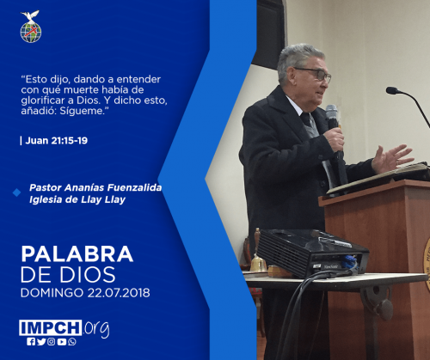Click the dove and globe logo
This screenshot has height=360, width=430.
pos(31,27)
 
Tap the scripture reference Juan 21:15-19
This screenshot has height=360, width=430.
pos(57,141)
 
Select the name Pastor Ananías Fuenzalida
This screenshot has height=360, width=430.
pos(95,187)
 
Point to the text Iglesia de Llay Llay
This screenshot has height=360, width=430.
pos(77,199)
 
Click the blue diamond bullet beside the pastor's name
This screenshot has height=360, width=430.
pos(16,192)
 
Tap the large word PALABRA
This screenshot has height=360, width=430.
pos(77,253)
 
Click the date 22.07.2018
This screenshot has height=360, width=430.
pos(119,293)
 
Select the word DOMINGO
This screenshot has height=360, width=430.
pos(52,293)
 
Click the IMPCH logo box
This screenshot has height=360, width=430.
pos(51,327)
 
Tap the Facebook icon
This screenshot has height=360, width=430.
pos(31,342)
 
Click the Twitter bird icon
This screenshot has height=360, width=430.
pos(41,342)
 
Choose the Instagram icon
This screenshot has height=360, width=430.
pos(52,342)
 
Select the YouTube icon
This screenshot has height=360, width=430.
pos(62,342)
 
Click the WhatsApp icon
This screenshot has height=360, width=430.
pos(72,342)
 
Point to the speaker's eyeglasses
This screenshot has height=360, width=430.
pos(316,74)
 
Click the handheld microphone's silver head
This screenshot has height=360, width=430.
pos(332,113)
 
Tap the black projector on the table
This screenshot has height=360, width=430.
pos(312,252)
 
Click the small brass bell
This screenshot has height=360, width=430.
pos(258,263)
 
